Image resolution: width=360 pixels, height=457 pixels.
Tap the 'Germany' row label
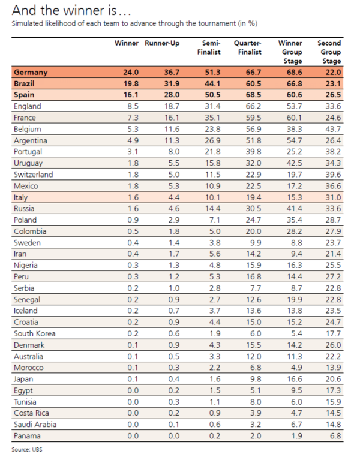30,73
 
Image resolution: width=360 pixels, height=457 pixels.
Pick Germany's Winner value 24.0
131,73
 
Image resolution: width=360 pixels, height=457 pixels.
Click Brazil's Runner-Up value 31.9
171,84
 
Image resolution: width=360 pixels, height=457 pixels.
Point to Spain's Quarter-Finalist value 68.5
252,95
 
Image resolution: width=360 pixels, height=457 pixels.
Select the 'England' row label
26,107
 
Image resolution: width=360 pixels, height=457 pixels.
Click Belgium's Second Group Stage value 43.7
332,129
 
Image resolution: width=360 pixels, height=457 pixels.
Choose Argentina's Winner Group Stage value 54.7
292,140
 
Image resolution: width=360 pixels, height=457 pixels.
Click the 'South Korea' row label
34,333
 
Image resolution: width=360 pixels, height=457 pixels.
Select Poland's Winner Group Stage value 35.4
292,220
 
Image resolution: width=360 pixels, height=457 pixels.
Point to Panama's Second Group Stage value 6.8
334,435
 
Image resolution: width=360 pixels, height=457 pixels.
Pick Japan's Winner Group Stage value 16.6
292,378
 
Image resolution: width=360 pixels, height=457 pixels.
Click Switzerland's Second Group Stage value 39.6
332,175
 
